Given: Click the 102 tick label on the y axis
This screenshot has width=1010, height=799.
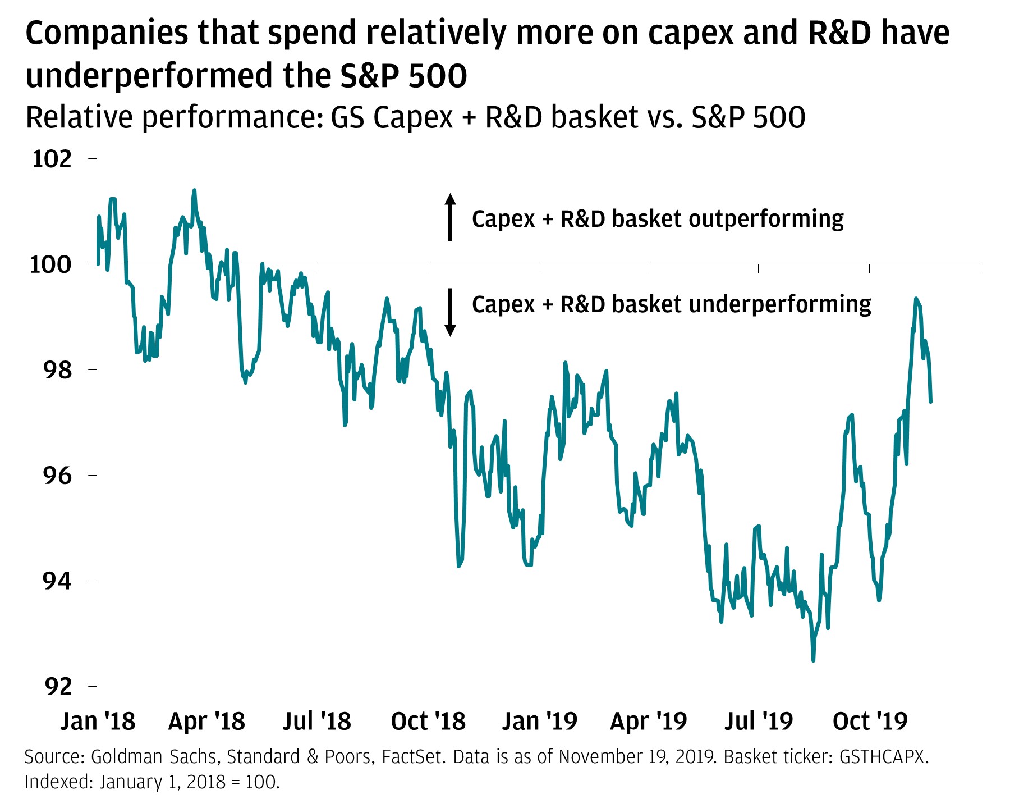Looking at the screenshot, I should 52,159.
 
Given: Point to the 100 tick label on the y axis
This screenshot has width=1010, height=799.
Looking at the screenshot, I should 52,264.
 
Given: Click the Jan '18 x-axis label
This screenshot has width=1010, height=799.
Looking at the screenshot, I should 98,722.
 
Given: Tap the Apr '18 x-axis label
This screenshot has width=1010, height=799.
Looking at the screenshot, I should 206,722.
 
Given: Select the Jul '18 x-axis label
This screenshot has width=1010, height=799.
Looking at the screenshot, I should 317,722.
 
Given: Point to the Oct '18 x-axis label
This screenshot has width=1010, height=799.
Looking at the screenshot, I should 428,722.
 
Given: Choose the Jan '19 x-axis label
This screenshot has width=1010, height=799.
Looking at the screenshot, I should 539,722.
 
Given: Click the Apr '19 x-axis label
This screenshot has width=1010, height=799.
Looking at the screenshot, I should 648,722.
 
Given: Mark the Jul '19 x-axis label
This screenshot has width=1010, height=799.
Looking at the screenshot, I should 759,722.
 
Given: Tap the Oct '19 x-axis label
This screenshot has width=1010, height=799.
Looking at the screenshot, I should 870,722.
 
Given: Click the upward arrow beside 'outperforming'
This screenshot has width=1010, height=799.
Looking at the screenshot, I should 450,217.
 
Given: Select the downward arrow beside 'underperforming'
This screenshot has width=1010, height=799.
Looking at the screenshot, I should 450,312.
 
